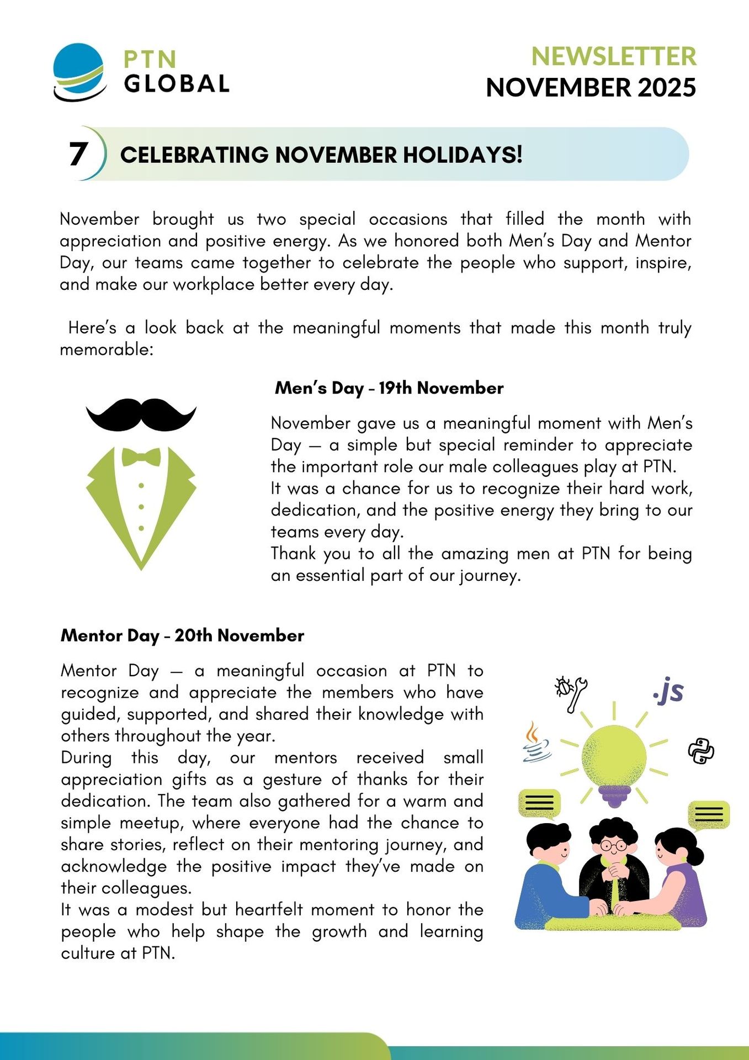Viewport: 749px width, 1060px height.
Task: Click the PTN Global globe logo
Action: point(79,72)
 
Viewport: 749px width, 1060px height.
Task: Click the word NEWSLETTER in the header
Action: point(613,56)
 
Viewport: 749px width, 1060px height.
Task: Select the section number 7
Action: point(78,154)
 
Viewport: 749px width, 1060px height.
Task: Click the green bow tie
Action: point(141,457)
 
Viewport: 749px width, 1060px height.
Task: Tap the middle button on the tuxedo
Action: point(141,507)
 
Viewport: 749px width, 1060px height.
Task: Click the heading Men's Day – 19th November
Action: point(389,388)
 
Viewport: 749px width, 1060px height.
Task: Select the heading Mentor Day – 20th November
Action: point(182,635)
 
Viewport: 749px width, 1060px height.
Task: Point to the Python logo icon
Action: point(701,751)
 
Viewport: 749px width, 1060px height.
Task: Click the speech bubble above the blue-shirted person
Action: point(539,803)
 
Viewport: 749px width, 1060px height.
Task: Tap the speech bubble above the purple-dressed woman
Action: point(709,814)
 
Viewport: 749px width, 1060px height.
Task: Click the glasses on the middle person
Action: point(613,845)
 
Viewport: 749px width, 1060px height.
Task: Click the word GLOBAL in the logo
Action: point(177,84)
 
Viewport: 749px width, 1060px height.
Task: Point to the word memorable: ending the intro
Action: point(107,349)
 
